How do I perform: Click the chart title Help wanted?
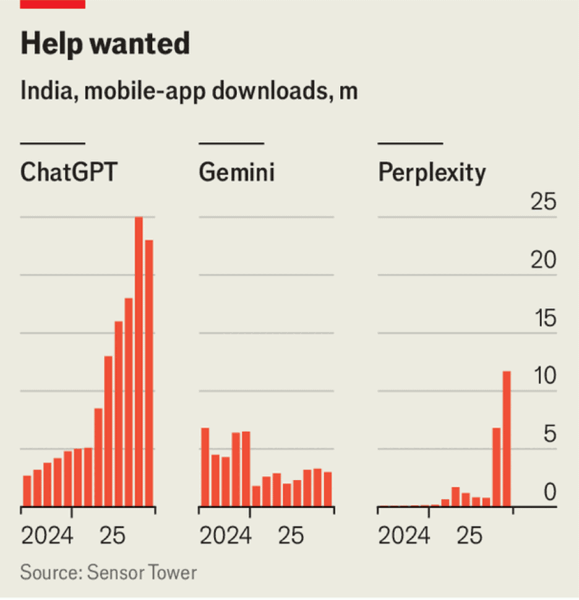(x=105, y=44)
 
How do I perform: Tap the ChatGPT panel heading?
(x=68, y=172)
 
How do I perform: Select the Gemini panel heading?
(x=237, y=172)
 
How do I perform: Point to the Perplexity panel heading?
(x=432, y=172)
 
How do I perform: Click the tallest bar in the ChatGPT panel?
(x=139, y=361)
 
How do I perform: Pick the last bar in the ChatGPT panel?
(x=149, y=373)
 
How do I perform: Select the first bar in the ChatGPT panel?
(x=27, y=491)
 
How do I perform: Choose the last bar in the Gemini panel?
(x=328, y=489)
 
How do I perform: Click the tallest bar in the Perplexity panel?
(x=507, y=438)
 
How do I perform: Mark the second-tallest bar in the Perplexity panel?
(x=496, y=466)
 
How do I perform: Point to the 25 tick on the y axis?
(x=544, y=203)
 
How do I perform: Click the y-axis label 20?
(x=544, y=261)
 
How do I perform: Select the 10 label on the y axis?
(x=544, y=377)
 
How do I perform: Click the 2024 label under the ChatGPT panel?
(x=47, y=536)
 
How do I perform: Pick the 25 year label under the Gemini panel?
(x=291, y=536)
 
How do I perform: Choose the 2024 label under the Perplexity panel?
(x=404, y=536)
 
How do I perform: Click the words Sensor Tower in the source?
(x=142, y=572)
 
